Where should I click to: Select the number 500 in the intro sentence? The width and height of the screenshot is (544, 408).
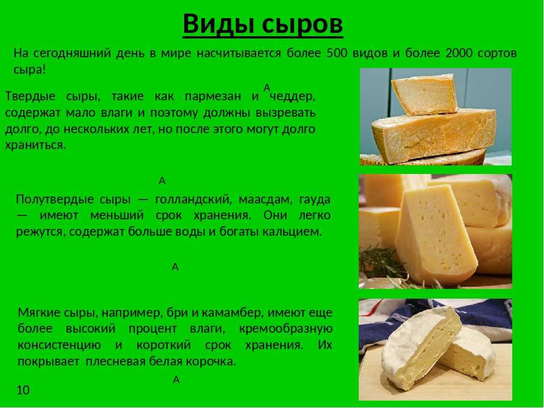point(337,53)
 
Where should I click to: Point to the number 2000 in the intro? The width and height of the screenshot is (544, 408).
point(459,53)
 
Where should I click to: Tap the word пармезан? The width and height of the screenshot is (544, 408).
point(212,96)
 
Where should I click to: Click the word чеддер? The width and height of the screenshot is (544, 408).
point(292,97)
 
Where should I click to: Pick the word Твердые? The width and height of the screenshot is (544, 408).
point(30,96)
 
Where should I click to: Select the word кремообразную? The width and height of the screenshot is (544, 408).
point(286,329)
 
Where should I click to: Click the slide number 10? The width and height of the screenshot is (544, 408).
point(23,390)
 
